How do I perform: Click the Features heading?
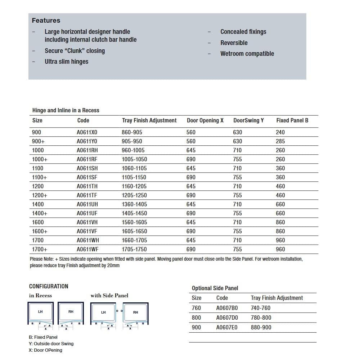tap(46, 21)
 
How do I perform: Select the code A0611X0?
tap(87, 132)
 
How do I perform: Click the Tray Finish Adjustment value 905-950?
tap(132, 141)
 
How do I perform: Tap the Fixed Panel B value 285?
tap(280, 141)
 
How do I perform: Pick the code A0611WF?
tap(87, 249)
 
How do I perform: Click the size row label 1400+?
tap(40, 213)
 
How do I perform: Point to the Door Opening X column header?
tap(205, 120)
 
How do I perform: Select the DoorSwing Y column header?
tap(248, 120)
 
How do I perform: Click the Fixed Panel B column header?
tap(292, 120)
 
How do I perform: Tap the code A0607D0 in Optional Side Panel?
tap(227, 318)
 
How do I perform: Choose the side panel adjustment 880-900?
tap(261, 327)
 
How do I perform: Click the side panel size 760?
tap(197, 308)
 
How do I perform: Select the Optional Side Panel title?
tap(215, 288)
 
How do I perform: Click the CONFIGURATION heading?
tap(49, 286)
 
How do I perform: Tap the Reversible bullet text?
tap(234, 43)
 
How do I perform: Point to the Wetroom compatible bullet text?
tap(247, 54)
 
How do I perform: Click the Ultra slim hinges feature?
tap(66, 62)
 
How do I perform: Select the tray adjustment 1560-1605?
tap(134, 222)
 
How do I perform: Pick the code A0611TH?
tap(87, 186)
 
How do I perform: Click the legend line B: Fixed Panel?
tap(43, 337)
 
